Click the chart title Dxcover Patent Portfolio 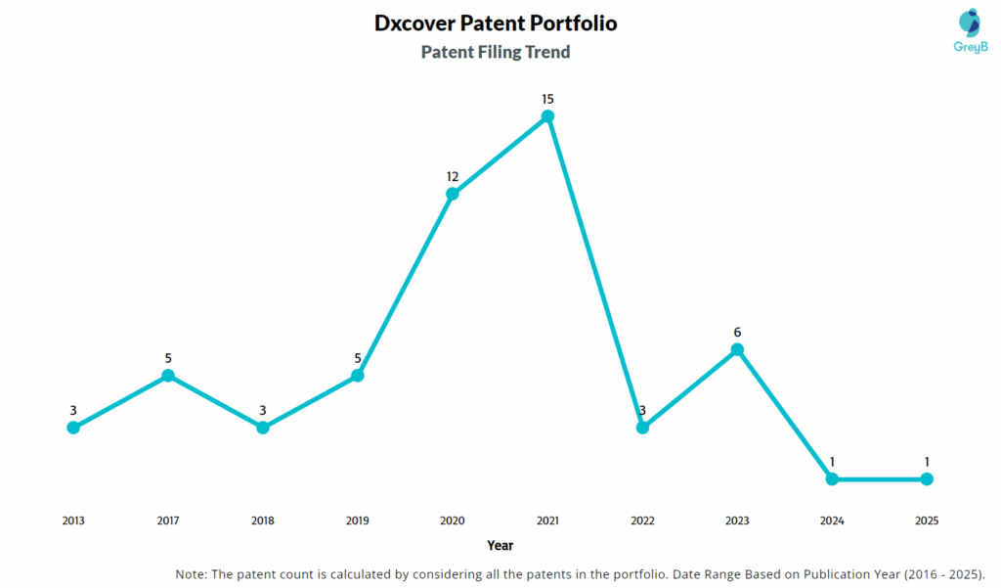coord(496,23)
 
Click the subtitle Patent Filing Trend coord(496,53)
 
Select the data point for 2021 coord(547,116)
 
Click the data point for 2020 coord(453,194)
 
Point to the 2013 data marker coord(73,428)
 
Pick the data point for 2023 coord(737,349)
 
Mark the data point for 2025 coord(927,479)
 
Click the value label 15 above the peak coord(547,99)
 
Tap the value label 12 coord(453,176)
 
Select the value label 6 coord(737,332)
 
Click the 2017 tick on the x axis coord(168,520)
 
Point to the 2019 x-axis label coord(358,520)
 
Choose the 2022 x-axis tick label coord(642,520)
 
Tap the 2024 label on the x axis coord(832,520)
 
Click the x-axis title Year coord(500,546)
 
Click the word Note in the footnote coord(192,573)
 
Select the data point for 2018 coord(263,428)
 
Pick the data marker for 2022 coord(642,428)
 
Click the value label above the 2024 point coord(832,462)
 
